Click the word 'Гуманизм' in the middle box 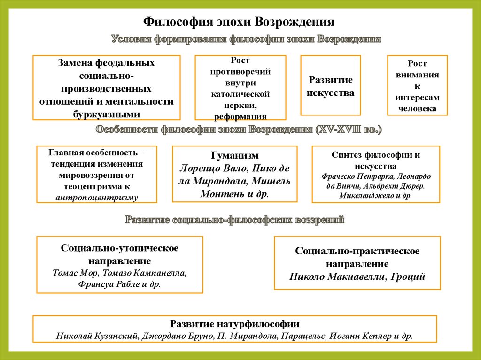[235, 155]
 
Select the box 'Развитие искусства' [330, 86]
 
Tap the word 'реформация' [240, 116]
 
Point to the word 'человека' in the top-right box [417, 108]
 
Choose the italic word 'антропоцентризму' [96, 198]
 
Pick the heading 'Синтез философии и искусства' [376, 160]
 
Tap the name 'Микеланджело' [362, 195]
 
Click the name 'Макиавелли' [357, 276]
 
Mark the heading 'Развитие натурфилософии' [235, 324]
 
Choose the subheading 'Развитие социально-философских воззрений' [235, 220]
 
